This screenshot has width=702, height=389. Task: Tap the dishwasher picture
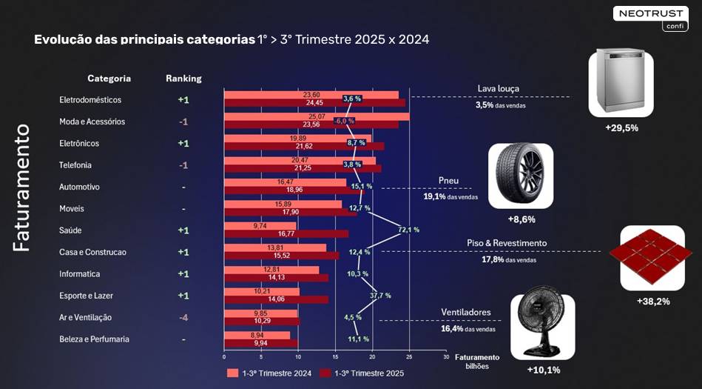(621, 83)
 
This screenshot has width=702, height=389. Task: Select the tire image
(520, 176)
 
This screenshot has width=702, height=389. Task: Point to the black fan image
(543, 326)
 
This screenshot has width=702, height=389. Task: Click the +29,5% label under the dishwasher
(621, 127)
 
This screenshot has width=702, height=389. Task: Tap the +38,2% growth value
(653, 302)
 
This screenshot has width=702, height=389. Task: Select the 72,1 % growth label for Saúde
(408, 230)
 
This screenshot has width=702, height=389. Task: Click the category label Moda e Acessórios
(92, 122)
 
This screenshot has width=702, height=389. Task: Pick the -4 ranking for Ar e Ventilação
(183, 317)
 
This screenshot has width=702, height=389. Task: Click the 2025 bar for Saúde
(286, 234)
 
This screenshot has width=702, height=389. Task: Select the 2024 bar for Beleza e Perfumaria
(257, 335)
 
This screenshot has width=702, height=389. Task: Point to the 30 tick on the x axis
(446, 356)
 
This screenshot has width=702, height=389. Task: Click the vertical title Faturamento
(22, 188)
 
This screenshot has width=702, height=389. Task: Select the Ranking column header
(183, 79)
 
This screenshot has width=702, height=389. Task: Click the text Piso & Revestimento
(507, 243)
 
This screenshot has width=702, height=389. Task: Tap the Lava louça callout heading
(498, 89)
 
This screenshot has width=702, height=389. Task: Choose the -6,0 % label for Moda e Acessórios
(345, 121)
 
